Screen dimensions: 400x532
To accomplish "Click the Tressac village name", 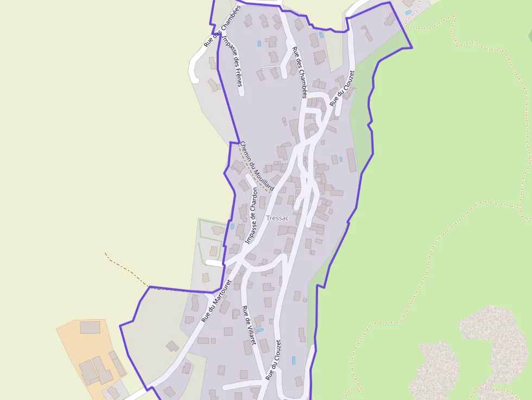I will (278, 218).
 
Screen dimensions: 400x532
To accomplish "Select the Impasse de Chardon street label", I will (251, 215).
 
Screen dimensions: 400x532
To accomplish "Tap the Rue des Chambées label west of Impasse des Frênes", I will (221, 26).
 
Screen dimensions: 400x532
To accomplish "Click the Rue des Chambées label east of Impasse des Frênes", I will (300, 72).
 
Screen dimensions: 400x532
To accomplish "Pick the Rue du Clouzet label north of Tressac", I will (341, 88).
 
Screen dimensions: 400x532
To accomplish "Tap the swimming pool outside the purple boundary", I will (408, 12).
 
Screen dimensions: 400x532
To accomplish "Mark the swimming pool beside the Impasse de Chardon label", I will (232, 226).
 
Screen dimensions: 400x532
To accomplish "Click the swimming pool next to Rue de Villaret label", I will (259, 330).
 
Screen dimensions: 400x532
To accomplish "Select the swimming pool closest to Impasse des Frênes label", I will (259, 42).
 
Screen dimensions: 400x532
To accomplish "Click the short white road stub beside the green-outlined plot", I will (214, 263).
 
